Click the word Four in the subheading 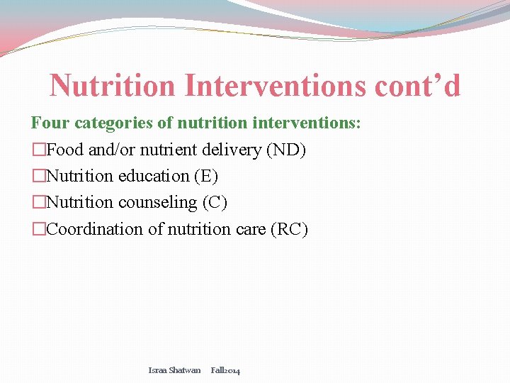pos(50,123)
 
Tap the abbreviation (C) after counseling pos(215,203)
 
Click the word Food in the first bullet pos(65,150)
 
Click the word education pos(154,177)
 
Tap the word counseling pos(158,203)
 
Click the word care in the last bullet pos(249,230)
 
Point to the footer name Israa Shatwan pos(174,370)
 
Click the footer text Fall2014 pos(225,370)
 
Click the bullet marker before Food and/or pos(38,150)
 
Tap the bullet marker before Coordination pos(38,230)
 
